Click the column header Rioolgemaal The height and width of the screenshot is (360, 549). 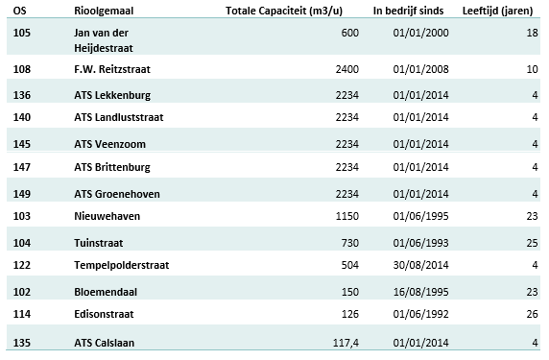pos(104,11)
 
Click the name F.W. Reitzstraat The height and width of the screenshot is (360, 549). pos(112,70)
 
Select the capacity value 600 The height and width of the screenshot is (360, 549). pos(349,33)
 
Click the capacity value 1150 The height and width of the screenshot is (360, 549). pos(346,218)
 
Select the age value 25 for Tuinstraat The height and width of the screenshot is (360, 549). pos(531,243)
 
